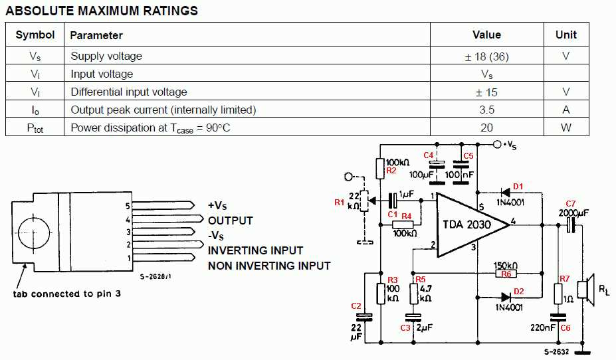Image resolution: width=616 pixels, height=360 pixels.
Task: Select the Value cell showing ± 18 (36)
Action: click(486, 56)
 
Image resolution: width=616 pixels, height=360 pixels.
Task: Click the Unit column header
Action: click(565, 35)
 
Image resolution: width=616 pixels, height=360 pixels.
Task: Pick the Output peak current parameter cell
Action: click(163, 110)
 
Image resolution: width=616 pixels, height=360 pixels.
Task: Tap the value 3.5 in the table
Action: click(486, 110)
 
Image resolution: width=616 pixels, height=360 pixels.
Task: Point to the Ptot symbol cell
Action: click(35, 128)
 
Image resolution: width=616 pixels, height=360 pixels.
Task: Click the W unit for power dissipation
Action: click(565, 128)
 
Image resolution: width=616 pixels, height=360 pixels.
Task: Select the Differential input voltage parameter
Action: click(129, 92)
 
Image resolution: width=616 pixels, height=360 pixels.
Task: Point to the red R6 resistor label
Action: click(506, 274)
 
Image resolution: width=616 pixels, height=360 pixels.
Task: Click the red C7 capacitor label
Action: click(570, 203)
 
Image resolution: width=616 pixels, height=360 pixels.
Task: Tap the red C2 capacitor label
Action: click(356, 306)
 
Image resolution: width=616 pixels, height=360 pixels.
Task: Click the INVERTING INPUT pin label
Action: click(255, 250)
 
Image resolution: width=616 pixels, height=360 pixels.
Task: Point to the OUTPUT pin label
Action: click(230, 221)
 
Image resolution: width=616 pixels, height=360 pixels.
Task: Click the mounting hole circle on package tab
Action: click(33, 234)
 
